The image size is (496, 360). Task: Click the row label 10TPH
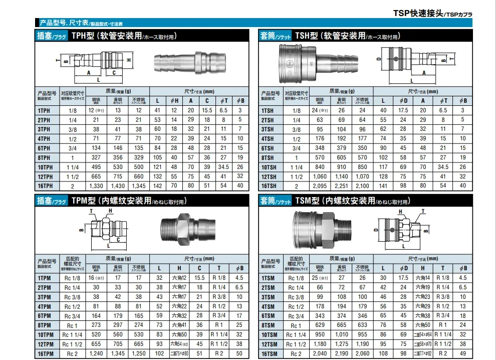tap(45, 166)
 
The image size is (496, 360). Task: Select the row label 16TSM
tap(268, 353)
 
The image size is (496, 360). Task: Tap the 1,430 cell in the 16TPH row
tap(118, 186)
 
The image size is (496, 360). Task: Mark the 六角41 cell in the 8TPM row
tap(179, 325)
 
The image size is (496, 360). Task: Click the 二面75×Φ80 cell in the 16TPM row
tap(179, 353)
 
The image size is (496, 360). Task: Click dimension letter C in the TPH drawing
tap(114, 72)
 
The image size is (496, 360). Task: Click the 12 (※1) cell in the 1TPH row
tap(95, 110)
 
